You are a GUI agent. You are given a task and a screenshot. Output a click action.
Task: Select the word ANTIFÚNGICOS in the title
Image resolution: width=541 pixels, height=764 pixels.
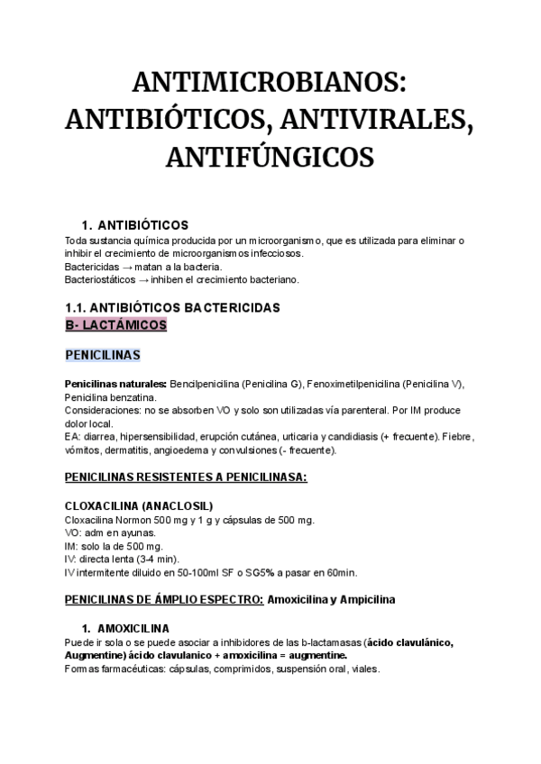click(269, 157)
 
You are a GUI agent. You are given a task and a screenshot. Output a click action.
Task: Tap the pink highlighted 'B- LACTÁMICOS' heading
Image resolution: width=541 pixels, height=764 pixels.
click(116, 324)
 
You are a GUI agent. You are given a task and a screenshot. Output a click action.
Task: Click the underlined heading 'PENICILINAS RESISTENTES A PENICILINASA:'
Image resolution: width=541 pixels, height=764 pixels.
click(187, 477)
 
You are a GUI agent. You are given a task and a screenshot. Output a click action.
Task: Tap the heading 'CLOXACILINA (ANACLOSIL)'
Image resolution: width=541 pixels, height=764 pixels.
click(140, 506)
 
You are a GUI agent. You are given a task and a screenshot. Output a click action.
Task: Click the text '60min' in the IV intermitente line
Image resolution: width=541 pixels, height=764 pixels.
click(340, 571)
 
